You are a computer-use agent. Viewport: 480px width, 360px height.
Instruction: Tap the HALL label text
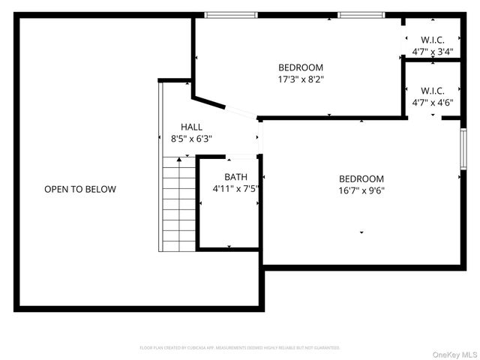pos(191,127)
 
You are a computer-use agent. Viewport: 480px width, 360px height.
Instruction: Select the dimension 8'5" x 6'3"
pos(191,139)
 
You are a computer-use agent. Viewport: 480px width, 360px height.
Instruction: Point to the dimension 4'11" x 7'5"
pos(235,189)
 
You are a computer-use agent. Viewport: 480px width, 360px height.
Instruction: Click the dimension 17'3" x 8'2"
pos(301,79)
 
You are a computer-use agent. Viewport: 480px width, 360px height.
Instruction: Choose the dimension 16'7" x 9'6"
pos(361,190)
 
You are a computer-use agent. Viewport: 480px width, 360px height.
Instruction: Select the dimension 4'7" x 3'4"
pos(433,52)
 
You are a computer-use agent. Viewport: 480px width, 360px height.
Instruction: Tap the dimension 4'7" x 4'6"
pos(433,102)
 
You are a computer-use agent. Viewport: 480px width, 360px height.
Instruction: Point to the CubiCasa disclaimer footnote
pos(240,348)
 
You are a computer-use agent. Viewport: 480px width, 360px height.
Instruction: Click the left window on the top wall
pos(227,14)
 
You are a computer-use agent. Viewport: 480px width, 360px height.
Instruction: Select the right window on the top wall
pos(361,14)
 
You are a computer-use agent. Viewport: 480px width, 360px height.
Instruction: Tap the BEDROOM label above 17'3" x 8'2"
pos(301,67)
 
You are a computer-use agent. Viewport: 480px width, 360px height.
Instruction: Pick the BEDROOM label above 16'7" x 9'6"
pos(361,179)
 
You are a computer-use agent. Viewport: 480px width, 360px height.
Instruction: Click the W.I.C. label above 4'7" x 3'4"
pos(433,40)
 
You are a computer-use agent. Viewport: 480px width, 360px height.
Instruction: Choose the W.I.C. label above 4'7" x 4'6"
pos(433,90)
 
